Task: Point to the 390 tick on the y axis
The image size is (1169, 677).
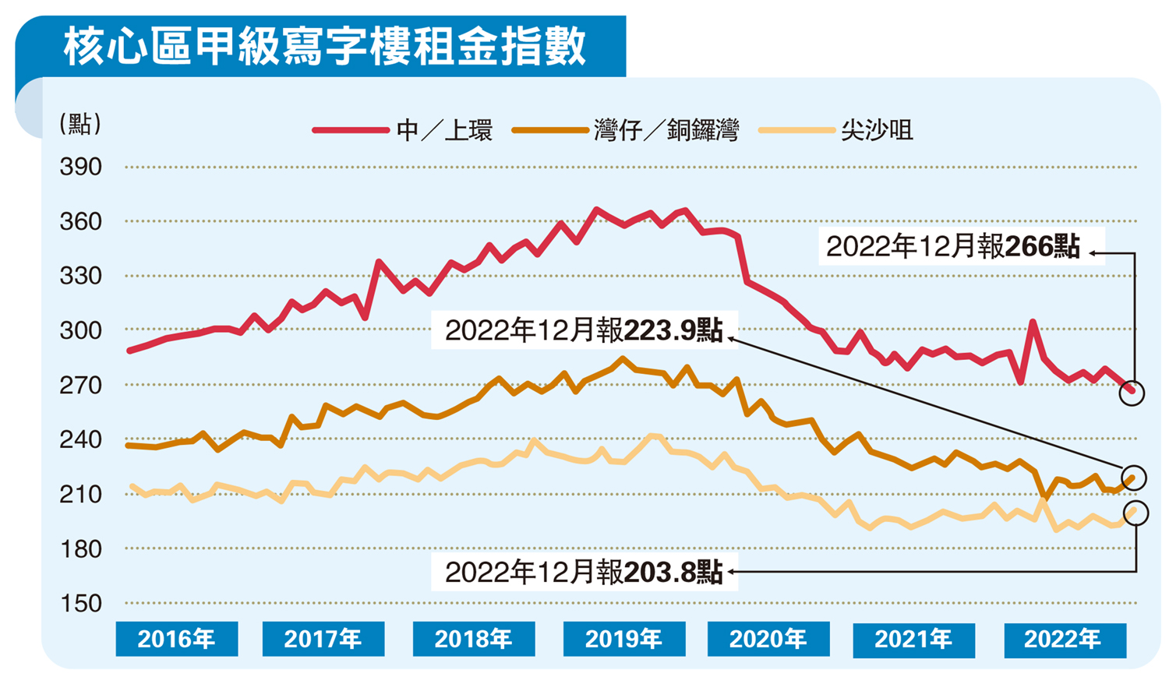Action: [81, 167]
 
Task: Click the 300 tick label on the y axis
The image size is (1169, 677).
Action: [81, 330]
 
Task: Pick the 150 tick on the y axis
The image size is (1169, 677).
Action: [81, 603]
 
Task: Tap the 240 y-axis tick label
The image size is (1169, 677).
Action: [81, 439]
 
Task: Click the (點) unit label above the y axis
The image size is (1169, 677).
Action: [80, 124]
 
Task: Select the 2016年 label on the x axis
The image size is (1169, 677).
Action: [177, 640]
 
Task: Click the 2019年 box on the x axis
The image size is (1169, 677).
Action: [623, 640]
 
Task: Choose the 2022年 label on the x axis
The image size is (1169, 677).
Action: [1064, 640]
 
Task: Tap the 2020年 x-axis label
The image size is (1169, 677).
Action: [768, 640]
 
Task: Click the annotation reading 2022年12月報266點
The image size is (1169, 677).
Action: [953, 247]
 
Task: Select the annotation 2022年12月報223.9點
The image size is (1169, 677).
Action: [584, 330]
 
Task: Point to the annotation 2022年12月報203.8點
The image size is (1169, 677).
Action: [584, 573]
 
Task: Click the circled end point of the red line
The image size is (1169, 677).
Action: [1132, 393]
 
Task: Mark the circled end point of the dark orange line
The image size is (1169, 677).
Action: [1133, 477]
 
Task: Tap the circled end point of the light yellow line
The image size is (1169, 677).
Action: [1135, 513]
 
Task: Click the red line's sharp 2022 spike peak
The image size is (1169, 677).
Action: [1032, 321]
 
